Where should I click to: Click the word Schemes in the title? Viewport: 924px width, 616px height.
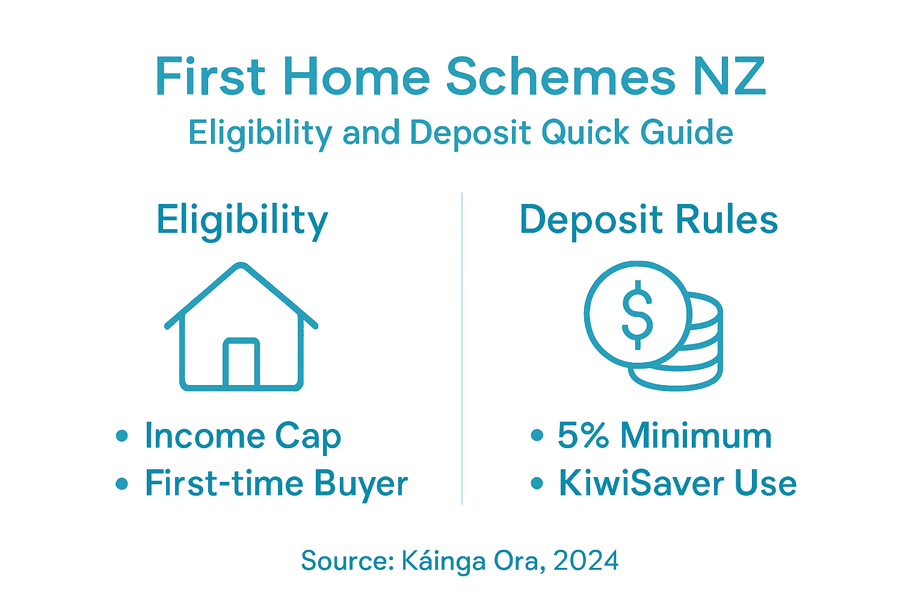560,78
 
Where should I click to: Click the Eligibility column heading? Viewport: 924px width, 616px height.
242,220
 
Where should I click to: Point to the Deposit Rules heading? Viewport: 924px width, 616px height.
648,220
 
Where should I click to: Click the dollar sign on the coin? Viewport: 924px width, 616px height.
637,314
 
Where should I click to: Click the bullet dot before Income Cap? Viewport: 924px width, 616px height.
122,436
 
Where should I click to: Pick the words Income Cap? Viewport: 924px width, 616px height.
243,436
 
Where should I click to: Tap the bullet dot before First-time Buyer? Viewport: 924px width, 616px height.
122,483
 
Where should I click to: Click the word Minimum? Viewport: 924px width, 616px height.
696,435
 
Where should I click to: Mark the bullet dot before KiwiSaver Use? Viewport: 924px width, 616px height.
537,483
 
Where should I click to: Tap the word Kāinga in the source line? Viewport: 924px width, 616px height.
443,561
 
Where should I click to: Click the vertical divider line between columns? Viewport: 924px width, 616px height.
462,349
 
